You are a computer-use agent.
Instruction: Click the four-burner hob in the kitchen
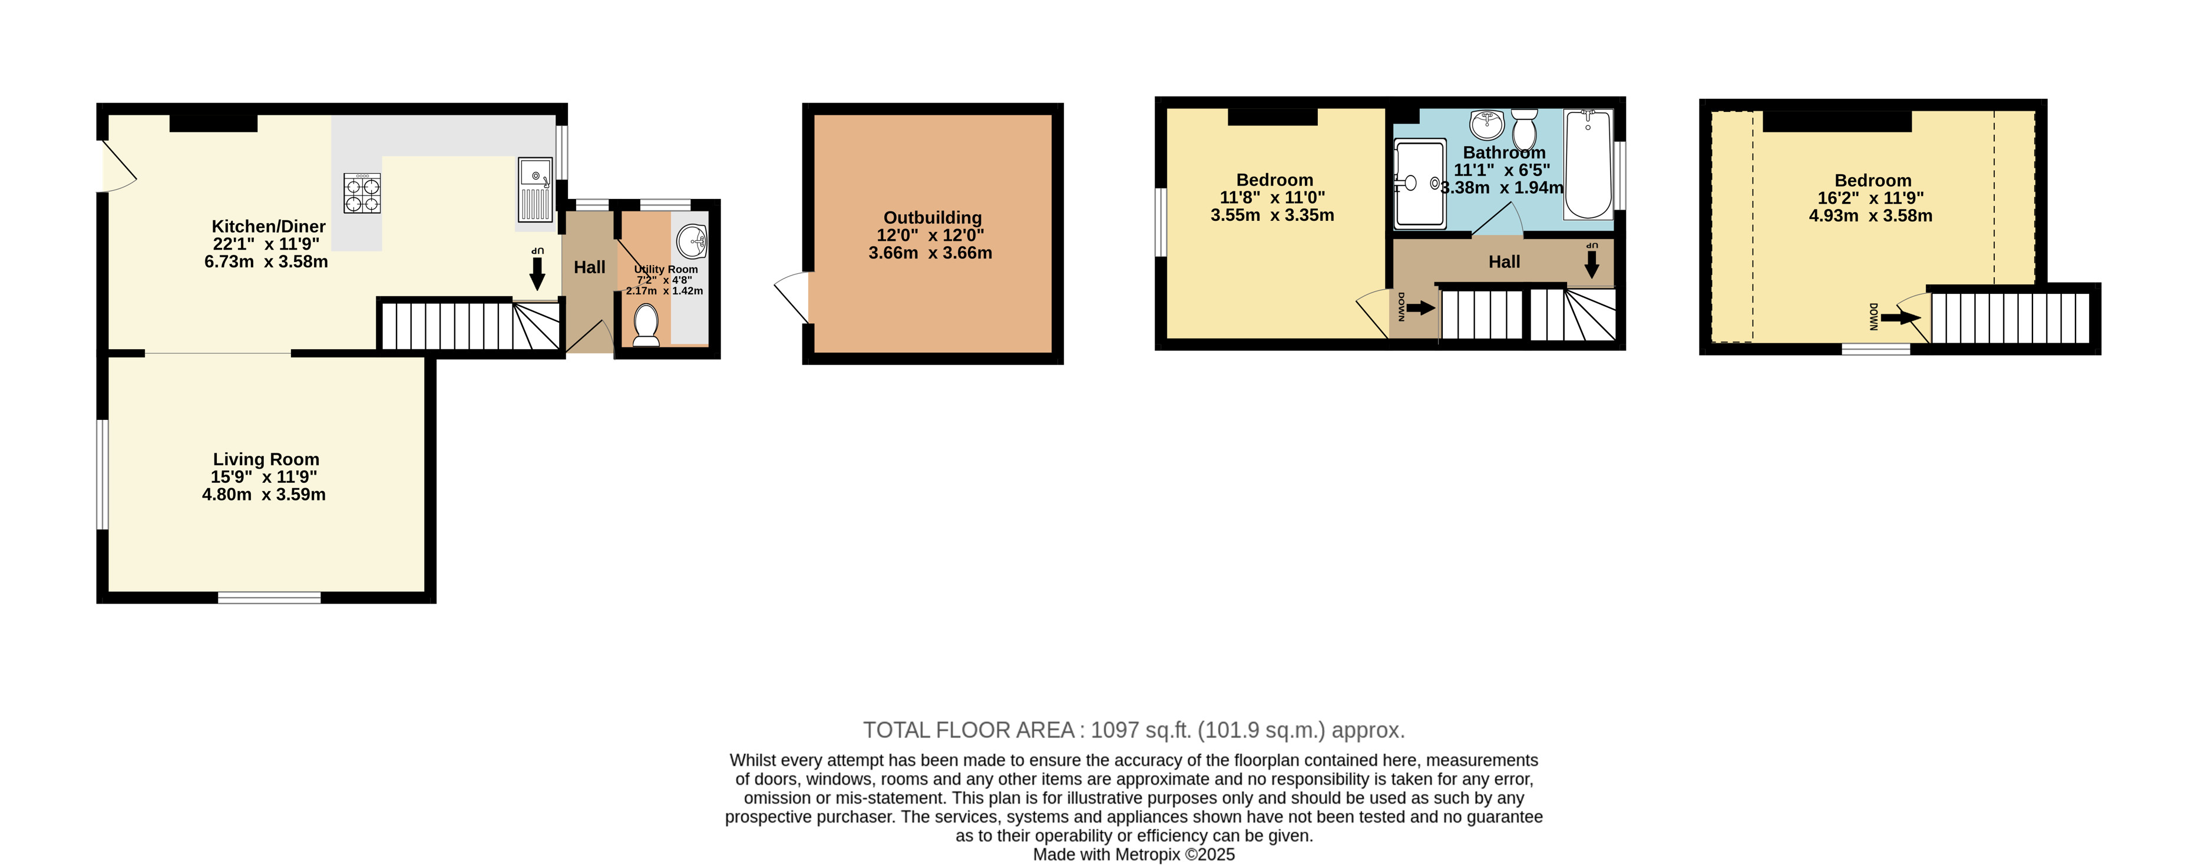[x=362, y=193]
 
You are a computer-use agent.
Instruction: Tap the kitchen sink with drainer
[x=535, y=190]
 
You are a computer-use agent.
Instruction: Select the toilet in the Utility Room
[x=646, y=326]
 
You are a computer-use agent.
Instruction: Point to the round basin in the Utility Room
[x=693, y=241]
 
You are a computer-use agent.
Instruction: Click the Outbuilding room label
[x=932, y=217]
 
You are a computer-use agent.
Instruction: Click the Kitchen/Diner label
[x=268, y=226]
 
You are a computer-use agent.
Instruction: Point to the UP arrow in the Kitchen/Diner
[x=537, y=274]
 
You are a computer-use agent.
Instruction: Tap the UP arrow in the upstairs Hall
[x=1591, y=264]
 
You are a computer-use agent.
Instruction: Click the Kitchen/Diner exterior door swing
[x=118, y=166]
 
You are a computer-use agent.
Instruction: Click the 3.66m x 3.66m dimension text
[x=930, y=253]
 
